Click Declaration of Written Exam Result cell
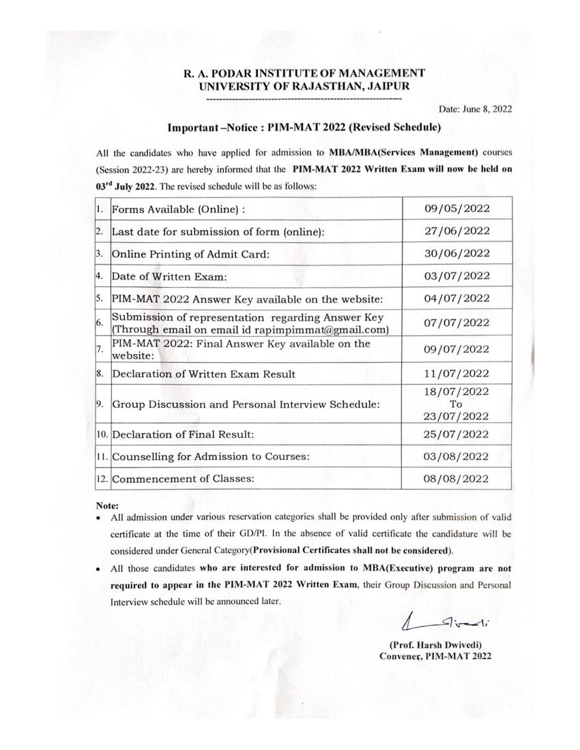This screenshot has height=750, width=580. point(204,374)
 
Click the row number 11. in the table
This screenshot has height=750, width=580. point(101,455)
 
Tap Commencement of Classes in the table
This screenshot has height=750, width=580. point(183,479)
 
